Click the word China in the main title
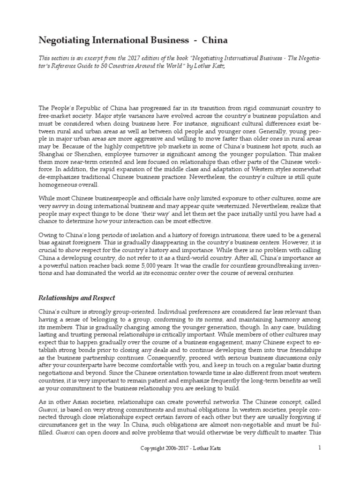pyautogui.click(x=215, y=40)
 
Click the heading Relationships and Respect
pyautogui.click(x=76, y=298)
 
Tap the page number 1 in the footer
pyautogui.click(x=319, y=461)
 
